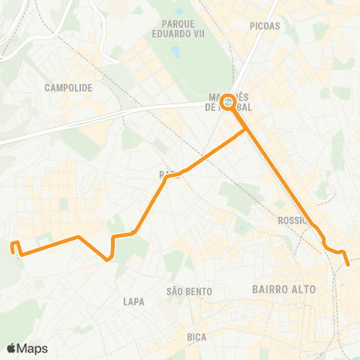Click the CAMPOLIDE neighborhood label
pyautogui.click(x=68, y=88)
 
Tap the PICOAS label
pyautogui.click(x=266, y=25)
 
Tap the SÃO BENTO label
pyautogui.click(x=189, y=291)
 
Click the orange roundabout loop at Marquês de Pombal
pyautogui.click(x=228, y=102)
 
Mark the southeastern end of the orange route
pyautogui.click(x=348, y=264)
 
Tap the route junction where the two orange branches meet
pyautogui.click(x=247, y=131)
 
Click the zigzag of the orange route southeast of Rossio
pyautogui.click(x=330, y=247)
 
